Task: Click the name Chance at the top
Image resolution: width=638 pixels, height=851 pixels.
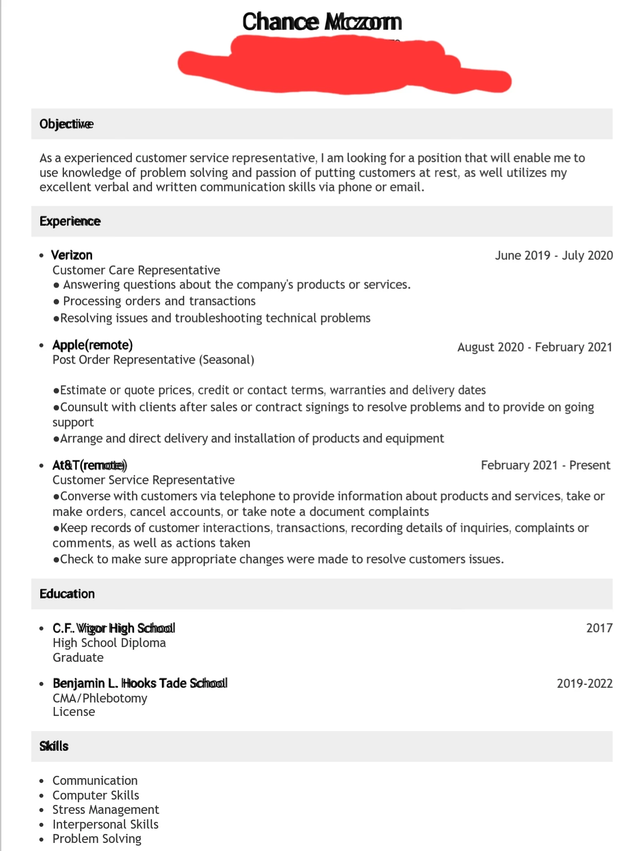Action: [281, 22]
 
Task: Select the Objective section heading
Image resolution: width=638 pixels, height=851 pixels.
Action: [66, 124]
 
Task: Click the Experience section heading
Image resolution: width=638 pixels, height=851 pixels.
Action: [70, 221]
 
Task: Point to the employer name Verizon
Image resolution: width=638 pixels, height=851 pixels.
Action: [72, 255]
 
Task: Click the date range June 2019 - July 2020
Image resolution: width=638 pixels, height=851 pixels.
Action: [553, 255]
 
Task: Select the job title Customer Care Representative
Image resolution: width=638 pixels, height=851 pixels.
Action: [136, 270]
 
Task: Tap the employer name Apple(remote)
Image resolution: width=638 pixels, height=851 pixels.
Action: [93, 345]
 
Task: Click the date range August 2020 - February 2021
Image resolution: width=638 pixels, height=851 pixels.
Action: [534, 347]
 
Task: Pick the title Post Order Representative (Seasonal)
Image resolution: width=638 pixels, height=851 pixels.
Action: [153, 360]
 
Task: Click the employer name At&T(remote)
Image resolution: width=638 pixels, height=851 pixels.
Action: [89, 466]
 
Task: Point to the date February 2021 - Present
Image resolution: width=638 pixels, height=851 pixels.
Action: [545, 466]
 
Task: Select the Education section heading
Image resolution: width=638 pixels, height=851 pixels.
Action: [67, 594]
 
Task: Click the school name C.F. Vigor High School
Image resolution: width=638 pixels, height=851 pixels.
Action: [114, 628]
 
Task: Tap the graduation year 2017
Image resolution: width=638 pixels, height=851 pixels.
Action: [599, 628]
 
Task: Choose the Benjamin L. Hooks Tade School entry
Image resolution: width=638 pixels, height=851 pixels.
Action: [140, 683]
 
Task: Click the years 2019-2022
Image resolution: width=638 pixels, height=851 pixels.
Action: [584, 684]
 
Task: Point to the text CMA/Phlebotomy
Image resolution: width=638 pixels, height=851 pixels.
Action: [100, 698]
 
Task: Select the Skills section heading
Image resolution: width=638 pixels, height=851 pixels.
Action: [54, 746]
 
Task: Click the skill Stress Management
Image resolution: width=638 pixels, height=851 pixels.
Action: [106, 810]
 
